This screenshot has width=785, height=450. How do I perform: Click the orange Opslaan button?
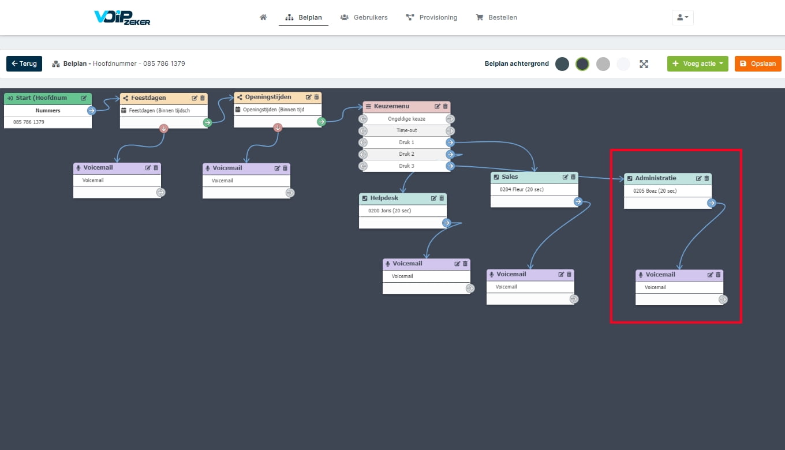[x=758, y=63]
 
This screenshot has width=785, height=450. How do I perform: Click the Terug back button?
[x=24, y=63]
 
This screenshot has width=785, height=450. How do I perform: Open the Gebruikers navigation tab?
[x=364, y=17]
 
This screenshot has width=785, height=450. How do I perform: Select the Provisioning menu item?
[x=431, y=17]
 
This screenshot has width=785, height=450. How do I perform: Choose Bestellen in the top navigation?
[x=496, y=17]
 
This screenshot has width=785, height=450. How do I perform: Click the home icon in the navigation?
[x=263, y=17]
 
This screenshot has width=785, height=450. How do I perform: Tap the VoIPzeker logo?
[x=122, y=17]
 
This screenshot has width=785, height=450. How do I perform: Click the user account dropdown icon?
[x=682, y=17]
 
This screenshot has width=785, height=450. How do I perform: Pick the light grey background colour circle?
[x=603, y=64]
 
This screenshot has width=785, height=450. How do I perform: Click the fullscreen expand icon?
[x=644, y=64]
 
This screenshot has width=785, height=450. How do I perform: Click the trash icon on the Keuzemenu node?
[x=446, y=106]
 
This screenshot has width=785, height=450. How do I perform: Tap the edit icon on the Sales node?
[x=565, y=177]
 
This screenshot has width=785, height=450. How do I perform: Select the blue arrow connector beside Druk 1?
[x=450, y=142]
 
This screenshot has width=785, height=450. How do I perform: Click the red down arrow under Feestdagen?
[x=164, y=128]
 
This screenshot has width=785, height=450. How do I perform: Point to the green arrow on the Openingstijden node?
[x=322, y=122]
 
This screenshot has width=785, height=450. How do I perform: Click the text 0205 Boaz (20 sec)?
[x=655, y=191]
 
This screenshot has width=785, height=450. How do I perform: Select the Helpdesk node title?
[x=384, y=198]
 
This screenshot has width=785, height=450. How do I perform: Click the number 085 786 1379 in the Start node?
[x=29, y=122]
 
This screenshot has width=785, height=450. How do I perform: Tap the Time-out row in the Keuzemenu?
[x=406, y=130]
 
